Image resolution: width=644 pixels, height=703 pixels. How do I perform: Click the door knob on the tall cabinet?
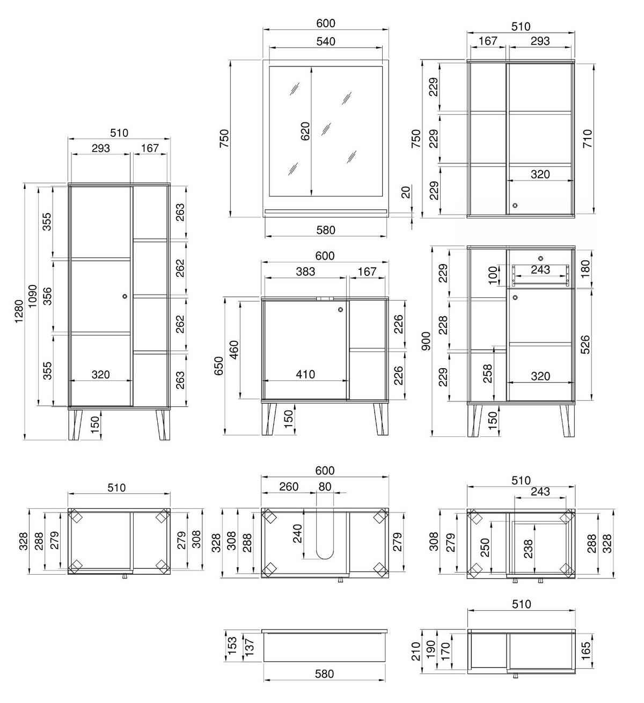tap(125, 296)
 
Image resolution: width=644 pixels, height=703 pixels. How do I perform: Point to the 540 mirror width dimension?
tap(325, 41)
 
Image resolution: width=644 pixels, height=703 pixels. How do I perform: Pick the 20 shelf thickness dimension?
tap(406, 192)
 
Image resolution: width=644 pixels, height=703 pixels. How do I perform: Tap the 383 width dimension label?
tap(305, 272)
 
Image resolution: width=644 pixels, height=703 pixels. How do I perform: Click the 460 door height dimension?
tap(234, 350)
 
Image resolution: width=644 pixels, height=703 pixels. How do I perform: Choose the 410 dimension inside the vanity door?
tap(305, 374)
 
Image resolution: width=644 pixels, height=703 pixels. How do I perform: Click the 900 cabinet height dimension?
tap(426, 341)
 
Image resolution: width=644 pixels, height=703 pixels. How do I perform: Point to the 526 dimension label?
tap(585, 345)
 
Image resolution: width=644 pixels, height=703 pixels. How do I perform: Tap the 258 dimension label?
tap(488, 374)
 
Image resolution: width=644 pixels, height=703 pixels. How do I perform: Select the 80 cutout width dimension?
tap(325, 487)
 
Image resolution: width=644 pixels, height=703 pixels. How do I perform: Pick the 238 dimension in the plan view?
tap(528, 549)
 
